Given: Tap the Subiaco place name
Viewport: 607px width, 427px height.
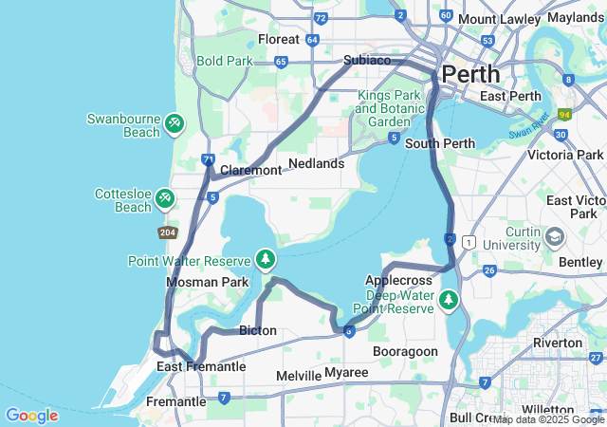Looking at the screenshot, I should point(367,60).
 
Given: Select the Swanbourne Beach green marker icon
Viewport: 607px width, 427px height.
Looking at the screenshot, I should point(174,123).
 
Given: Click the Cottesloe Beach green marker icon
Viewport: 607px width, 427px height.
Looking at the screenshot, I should point(165,197).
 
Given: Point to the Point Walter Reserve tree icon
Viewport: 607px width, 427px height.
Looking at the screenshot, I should point(267,259).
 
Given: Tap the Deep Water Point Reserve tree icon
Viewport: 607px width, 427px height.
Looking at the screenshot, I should point(448,301).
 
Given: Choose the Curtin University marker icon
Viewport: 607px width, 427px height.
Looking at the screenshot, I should point(555,234).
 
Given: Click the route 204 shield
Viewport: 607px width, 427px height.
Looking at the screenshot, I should point(168,232).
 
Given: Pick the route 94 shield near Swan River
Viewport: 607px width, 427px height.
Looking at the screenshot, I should point(565,115).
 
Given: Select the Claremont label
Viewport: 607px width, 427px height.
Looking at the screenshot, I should point(250,171).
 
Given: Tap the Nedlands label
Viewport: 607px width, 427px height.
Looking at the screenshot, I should point(316,163).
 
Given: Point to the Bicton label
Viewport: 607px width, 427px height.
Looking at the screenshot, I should point(258,331).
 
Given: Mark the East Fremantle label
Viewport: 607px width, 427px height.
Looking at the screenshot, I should point(201,367).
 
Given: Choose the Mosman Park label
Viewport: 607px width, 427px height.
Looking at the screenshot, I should point(207,282).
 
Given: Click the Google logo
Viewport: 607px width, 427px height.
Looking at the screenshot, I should point(31,416).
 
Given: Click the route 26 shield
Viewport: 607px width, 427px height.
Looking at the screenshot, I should point(489,271).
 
